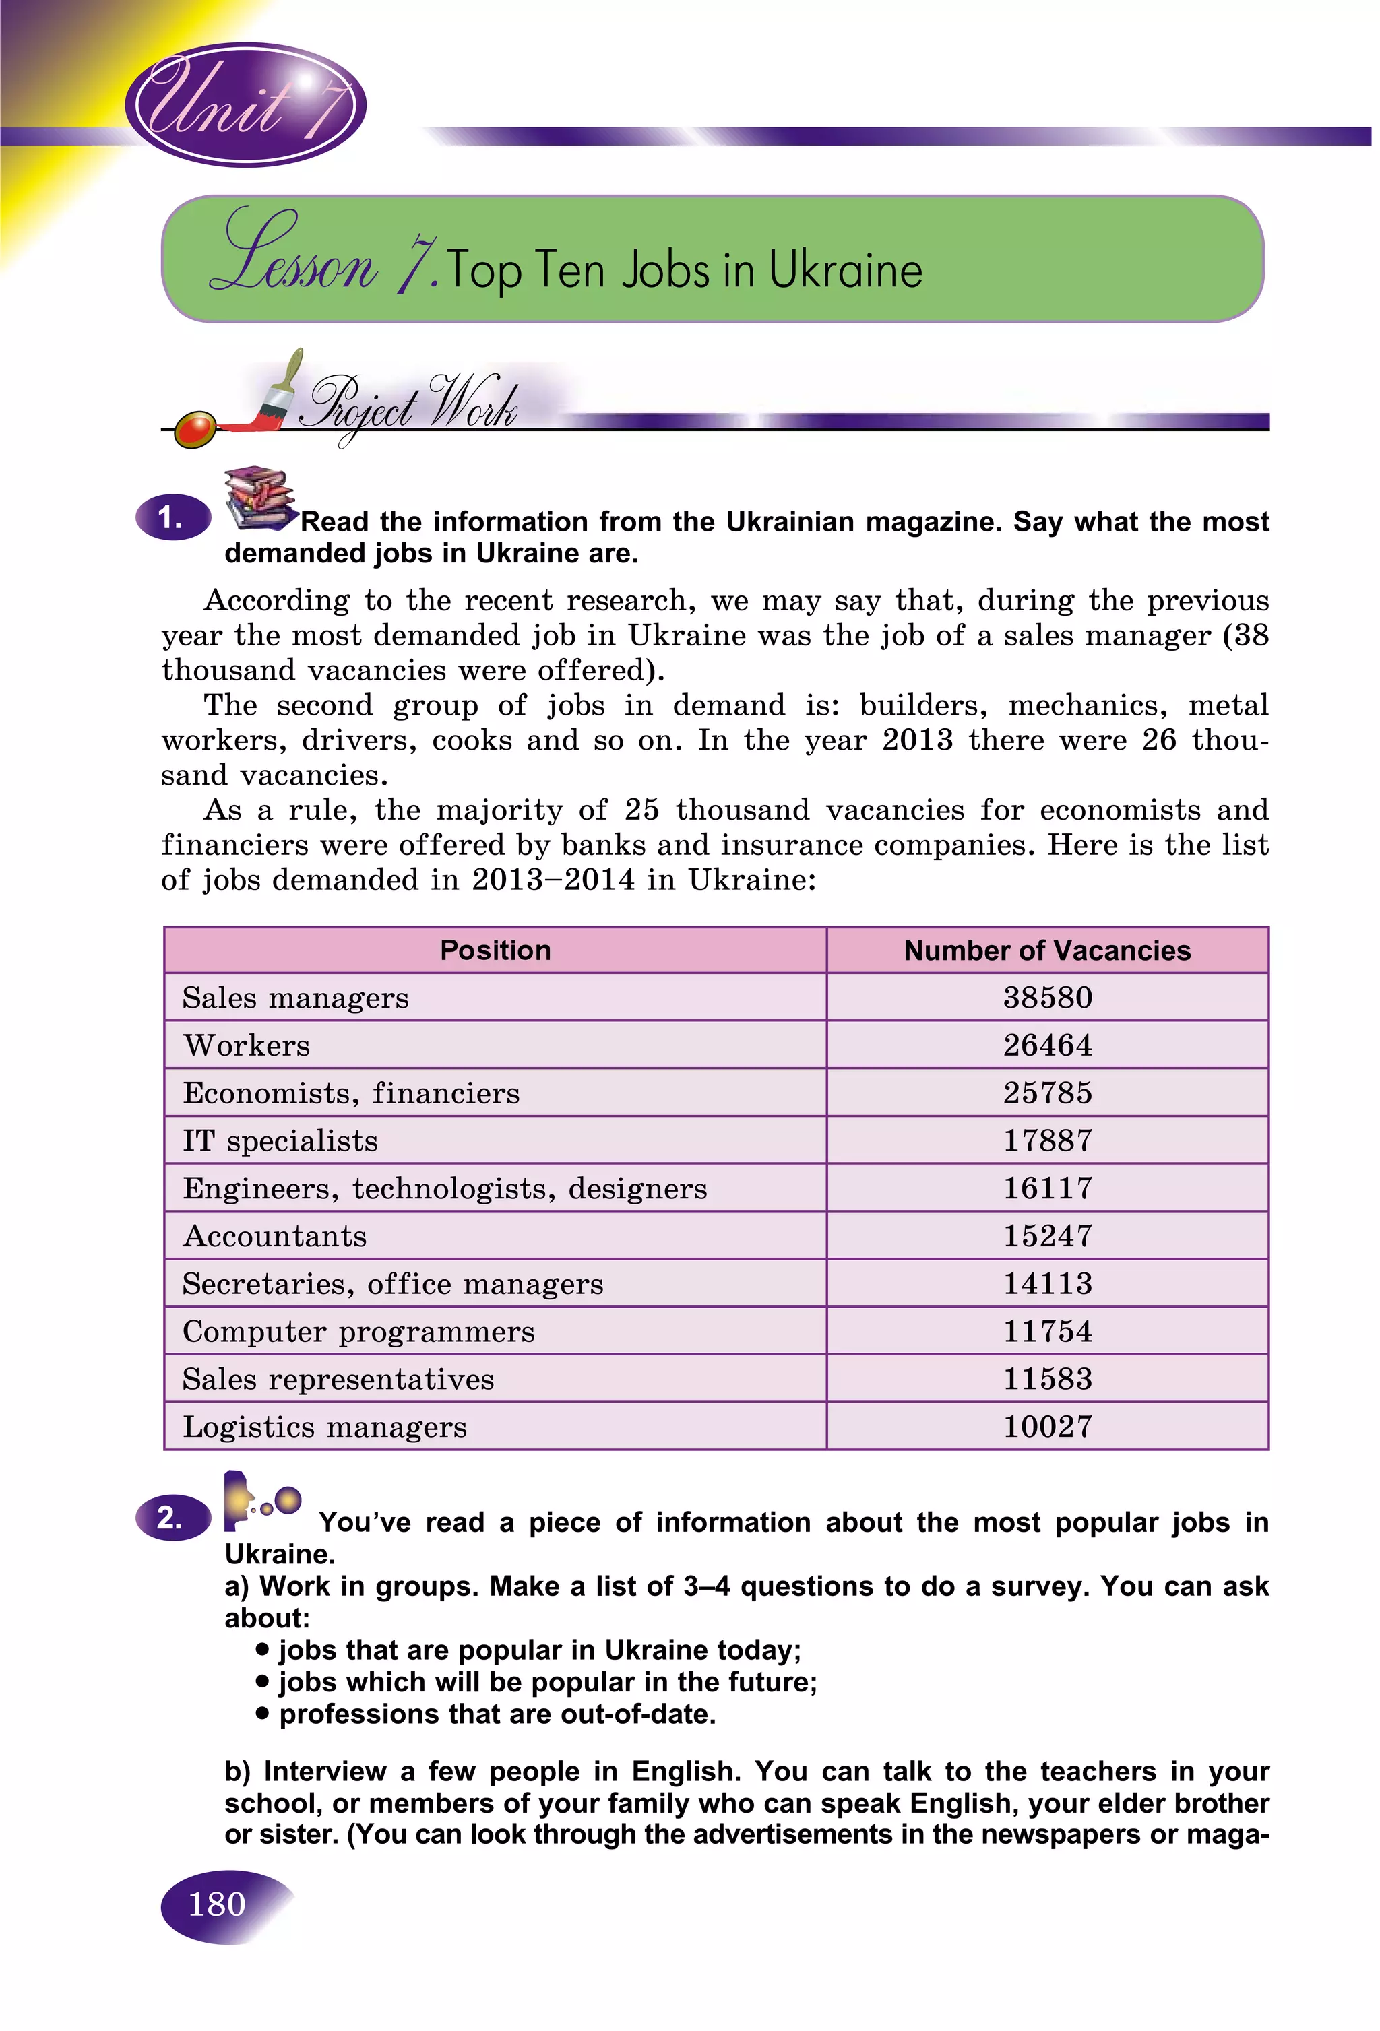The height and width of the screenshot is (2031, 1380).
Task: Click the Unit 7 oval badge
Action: tap(245, 105)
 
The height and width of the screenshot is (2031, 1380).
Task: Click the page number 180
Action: tap(217, 1904)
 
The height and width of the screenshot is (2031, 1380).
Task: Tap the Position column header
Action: tap(495, 950)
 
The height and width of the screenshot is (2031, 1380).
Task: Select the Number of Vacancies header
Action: tap(1046, 950)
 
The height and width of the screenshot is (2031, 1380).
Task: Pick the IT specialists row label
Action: tap(280, 1140)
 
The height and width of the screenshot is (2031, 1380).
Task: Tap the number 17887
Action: tap(1047, 1140)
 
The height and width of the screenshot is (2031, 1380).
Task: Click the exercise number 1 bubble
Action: tap(172, 518)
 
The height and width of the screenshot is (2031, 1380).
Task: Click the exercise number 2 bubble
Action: tap(172, 1518)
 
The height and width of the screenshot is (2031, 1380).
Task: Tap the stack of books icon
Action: tap(258, 496)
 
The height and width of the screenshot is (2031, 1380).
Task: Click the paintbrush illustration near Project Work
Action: tap(278, 393)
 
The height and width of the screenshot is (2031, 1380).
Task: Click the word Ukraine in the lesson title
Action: tap(845, 270)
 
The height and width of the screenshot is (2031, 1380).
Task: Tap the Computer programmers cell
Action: tap(358, 1332)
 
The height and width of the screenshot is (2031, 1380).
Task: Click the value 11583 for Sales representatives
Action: tap(1047, 1379)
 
